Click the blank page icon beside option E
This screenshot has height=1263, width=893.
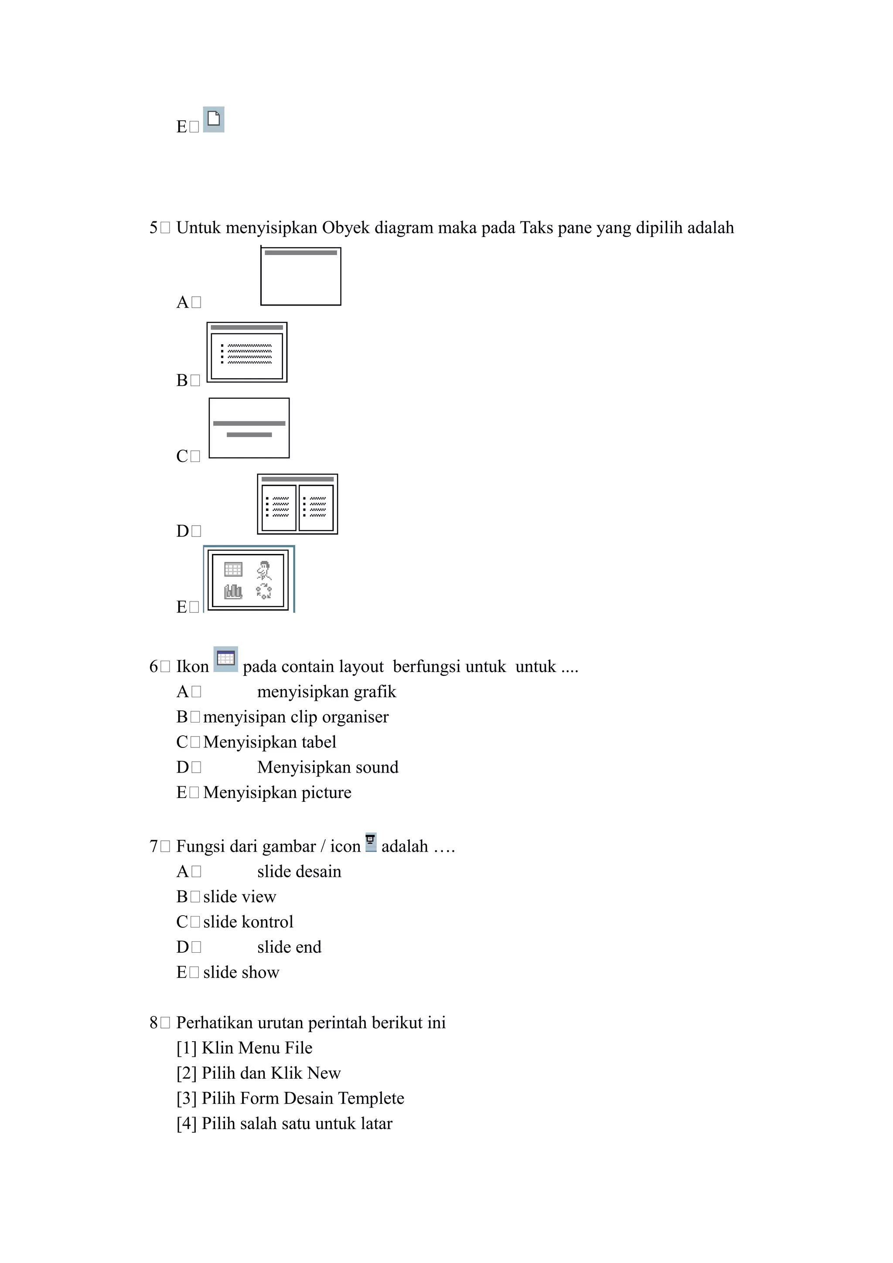point(214,119)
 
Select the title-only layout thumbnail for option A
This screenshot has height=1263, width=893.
point(300,276)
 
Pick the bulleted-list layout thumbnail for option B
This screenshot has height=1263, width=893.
point(247,353)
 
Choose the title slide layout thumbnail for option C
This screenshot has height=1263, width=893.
point(249,428)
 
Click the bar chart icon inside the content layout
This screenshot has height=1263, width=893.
point(233,591)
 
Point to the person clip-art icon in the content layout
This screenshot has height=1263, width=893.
point(264,570)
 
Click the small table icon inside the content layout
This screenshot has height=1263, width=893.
point(233,569)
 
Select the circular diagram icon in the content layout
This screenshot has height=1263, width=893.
point(264,591)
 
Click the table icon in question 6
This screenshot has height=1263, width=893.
point(225,659)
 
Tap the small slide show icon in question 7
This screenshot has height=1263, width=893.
point(371,842)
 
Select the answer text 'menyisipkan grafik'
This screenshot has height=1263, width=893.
point(326,692)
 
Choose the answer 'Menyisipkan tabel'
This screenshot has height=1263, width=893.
point(269,742)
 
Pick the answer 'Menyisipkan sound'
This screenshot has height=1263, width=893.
point(327,767)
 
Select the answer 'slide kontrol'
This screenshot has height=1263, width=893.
point(248,922)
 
